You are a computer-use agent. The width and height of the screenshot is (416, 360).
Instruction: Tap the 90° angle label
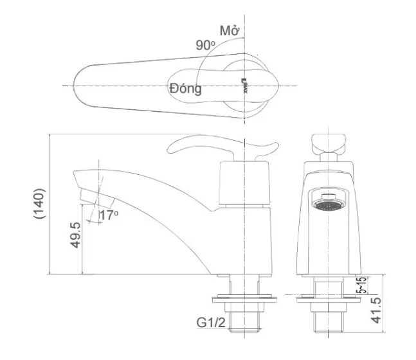206,45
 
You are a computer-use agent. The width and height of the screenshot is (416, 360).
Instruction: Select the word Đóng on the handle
185,88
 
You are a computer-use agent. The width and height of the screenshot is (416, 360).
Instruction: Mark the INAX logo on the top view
244,85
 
